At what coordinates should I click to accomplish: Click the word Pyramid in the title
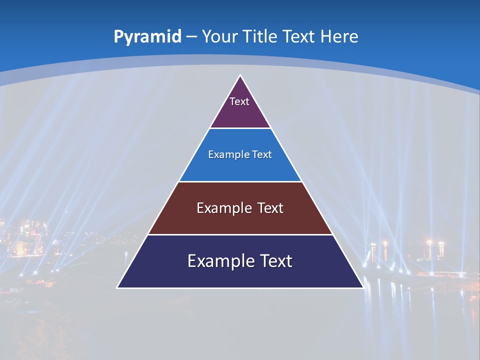[x=147, y=37]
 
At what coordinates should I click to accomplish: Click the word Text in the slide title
[x=298, y=36]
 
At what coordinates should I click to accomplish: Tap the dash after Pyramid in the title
[x=191, y=37]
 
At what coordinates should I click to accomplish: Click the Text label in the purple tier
[x=239, y=101]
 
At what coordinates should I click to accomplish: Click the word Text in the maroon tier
[x=270, y=208]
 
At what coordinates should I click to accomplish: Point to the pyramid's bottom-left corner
[x=117, y=287]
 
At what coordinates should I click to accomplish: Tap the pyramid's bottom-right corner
[x=363, y=287]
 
